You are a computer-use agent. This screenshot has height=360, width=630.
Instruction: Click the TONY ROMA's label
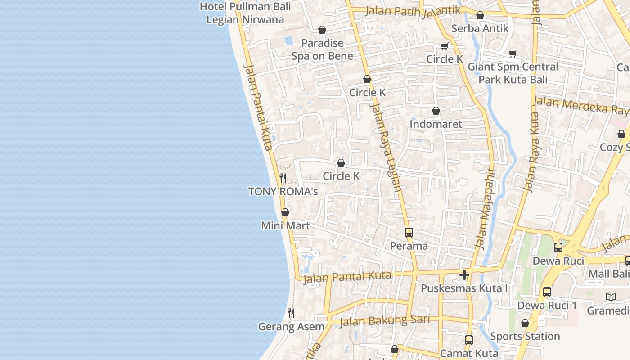coord(283,192)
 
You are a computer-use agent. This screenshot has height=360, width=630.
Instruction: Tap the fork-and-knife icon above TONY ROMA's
coord(283,178)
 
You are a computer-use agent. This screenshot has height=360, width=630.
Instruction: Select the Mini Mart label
coord(286,225)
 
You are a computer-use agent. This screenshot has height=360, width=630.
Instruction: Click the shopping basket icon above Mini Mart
coord(285,212)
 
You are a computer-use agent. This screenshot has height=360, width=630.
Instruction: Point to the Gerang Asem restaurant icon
coord(291,313)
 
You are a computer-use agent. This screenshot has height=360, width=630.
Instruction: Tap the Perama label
coord(409,246)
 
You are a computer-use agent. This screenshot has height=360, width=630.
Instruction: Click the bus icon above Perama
coord(409,233)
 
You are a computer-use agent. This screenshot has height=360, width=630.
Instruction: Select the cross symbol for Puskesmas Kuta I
coord(464,275)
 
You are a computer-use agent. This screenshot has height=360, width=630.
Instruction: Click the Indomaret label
coord(436,124)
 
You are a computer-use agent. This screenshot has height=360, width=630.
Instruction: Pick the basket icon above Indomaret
coord(436,111)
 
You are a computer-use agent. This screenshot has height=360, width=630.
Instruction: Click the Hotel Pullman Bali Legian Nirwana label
coord(245,13)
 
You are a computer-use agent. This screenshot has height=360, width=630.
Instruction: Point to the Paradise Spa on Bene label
coord(322,49)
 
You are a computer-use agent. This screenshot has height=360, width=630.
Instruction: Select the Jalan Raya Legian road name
coord(386,148)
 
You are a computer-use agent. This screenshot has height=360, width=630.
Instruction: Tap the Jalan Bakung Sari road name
coord(385,320)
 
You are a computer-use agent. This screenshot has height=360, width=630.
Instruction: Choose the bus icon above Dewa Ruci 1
coord(547,292)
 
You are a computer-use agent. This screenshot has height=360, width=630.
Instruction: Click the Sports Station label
coord(525,337)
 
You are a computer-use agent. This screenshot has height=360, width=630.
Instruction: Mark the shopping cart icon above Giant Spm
coord(513,54)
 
